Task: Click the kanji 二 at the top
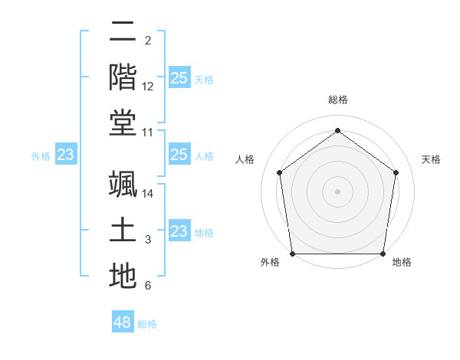123,32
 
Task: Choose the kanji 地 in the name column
123,275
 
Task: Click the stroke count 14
148,193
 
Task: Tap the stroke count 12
148,87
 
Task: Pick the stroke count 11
148,133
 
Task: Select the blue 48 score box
123,322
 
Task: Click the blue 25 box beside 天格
179,78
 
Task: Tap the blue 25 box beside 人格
179,155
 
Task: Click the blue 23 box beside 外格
66,155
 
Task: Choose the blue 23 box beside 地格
179,231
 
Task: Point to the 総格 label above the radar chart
338,100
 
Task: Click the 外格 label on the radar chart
270,263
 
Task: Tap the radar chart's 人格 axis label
245,159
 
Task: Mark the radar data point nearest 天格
396,172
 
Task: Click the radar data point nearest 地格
383,254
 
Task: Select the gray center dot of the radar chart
337,191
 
